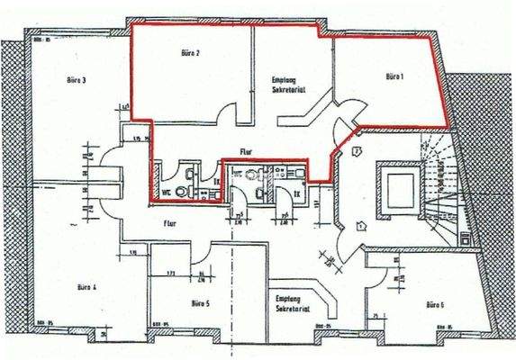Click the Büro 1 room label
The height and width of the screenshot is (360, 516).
click(x=394, y=76)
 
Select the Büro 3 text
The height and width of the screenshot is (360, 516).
click(x=77, y=80)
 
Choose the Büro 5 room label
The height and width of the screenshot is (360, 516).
click(x=202, y=304)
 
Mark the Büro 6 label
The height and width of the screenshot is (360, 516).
click(x=435, y=305)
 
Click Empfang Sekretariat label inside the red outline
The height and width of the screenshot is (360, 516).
click(x=285, y=85)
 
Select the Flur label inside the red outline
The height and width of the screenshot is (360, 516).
click(x=247, y=151)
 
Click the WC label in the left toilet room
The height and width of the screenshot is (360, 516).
click(x=167, y=192)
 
